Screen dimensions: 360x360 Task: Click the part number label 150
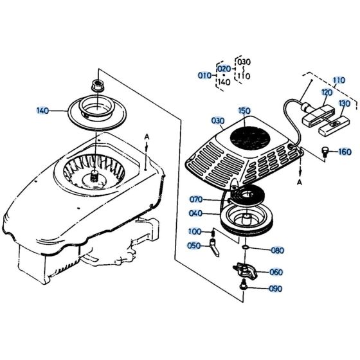244,111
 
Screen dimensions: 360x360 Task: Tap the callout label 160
345,152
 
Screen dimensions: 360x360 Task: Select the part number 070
195,199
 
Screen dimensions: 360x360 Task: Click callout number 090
275,289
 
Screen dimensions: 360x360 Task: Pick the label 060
275,272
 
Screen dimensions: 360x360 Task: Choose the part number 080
277,250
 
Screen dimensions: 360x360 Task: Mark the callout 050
194,246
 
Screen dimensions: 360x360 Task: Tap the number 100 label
194,231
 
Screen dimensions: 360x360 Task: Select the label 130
345,104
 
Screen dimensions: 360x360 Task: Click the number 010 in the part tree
204,75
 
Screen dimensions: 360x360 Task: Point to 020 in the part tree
223,69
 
